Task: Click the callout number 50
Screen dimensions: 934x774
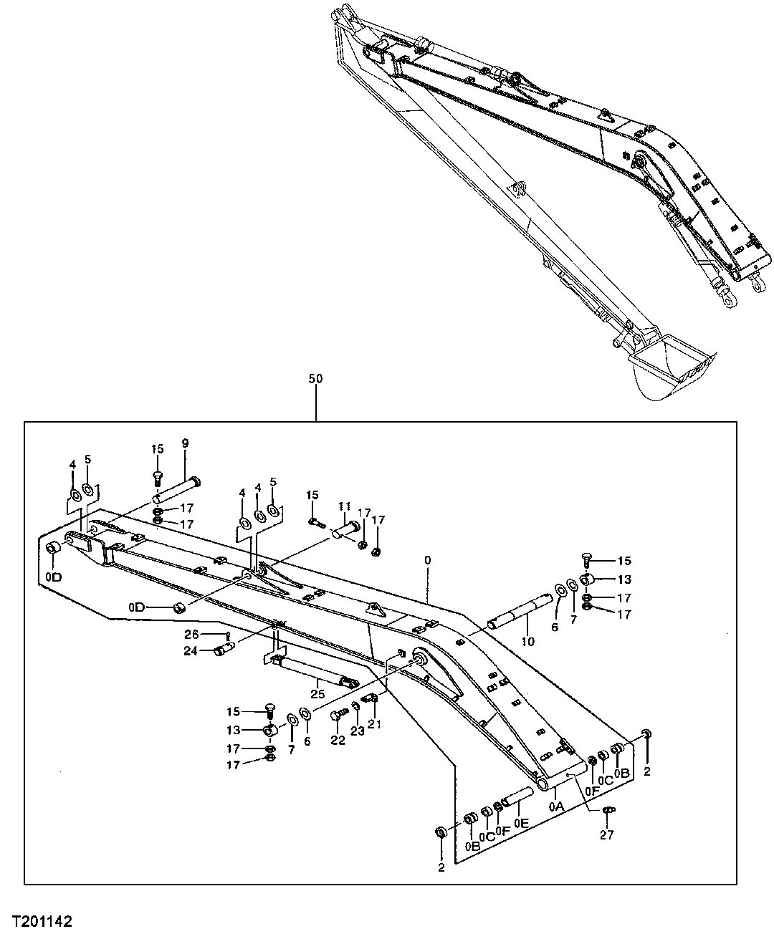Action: [315, 379]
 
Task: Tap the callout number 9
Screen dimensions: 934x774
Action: [185, 444]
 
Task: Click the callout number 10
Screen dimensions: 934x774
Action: [527, 641]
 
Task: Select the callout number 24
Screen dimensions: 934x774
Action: [190, 651]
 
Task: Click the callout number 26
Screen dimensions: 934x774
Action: [191, 634]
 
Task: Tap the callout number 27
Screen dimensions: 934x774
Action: [608, 834]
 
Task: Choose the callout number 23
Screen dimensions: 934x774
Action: [356, 731]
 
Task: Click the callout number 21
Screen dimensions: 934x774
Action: [373, 725]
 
